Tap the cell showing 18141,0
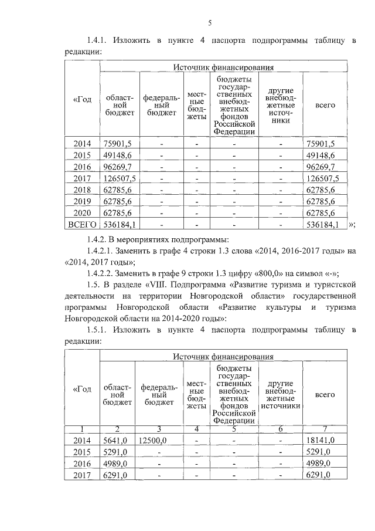(320, 440)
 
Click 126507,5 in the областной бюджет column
(120, 178)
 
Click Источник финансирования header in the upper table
(223, 67)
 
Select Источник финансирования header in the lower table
(223, 356)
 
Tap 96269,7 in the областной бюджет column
(117, 167)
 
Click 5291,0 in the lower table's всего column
(318, 452)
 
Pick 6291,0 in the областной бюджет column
(115, 475)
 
